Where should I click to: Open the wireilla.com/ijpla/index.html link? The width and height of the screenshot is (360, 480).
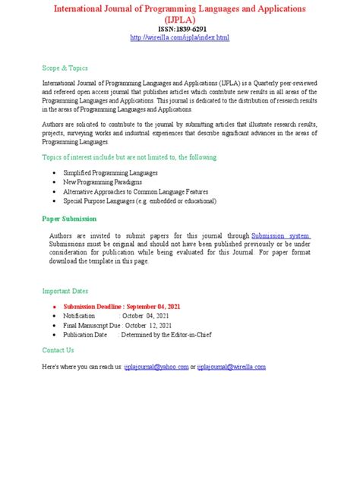179,38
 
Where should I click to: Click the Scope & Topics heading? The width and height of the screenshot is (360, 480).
65,66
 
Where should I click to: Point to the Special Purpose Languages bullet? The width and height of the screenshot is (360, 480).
140,201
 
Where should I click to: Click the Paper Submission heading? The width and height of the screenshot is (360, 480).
70,218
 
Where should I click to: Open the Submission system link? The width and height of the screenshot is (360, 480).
281,235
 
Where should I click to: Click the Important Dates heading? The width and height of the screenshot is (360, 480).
65,290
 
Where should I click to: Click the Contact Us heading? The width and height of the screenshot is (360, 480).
58,350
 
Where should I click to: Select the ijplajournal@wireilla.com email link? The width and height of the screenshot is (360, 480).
232,367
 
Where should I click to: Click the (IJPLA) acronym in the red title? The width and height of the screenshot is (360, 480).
179,17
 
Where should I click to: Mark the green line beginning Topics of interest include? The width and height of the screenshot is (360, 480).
128,157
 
